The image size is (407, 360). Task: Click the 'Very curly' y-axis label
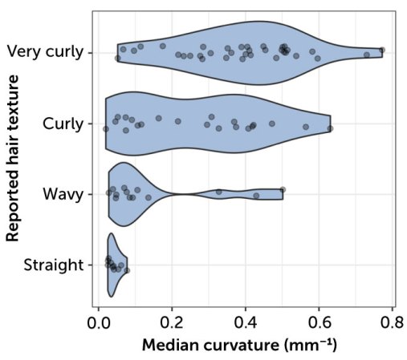tap(45, 53)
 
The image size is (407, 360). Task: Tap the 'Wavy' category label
tap(64, 194)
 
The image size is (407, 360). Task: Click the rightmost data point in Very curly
tap(382, 50)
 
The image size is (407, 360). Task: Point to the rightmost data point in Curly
tap(331, 127)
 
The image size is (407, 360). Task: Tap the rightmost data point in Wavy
tap(283, 190)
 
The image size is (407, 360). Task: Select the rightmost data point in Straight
tap(126, 270)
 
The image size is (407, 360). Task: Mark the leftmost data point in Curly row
tap(106, 127)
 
